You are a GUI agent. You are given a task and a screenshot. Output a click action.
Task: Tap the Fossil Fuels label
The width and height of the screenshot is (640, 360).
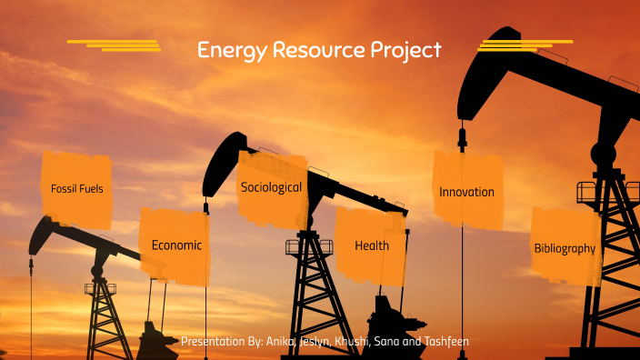tap(77, 189)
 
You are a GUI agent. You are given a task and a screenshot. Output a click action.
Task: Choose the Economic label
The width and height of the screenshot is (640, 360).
tap(176, 245)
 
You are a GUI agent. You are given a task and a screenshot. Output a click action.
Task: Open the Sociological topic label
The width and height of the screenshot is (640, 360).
tap(271, 187)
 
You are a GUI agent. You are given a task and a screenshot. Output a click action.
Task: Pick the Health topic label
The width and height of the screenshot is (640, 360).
tap(372, 245)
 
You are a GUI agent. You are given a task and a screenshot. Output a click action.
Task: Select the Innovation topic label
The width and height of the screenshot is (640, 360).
tap(466, 192)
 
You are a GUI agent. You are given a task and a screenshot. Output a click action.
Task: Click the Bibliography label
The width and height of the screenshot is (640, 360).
tap(565, 247)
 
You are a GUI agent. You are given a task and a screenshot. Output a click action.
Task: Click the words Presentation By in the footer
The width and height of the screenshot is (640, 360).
tap(221, 341)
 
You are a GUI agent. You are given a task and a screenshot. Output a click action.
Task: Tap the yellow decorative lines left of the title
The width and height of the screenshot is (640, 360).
tap(115, 45)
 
